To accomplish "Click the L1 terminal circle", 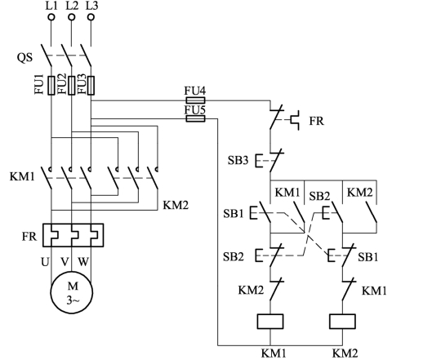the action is [x=51, y=17].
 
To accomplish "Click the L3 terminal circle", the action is [x=91, y=17].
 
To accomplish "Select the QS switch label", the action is [x=24, y=57].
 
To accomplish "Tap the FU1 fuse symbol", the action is [x=51, y=86].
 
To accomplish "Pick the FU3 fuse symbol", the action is [x=91, y=86].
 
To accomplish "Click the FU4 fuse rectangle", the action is [x=195, y=100].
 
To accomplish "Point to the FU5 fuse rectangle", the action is [x=195, y=118].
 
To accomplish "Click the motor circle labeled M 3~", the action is [x=71, y=292].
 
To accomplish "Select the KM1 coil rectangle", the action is [x=270, y=322].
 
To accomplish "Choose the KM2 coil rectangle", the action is [x=342, y=322].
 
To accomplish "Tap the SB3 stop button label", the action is [x=238, y=160].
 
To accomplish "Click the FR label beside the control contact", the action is [x=316, y=121].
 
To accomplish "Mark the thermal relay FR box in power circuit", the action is [x=73, y=235].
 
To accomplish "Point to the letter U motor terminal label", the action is [x=45, y=262].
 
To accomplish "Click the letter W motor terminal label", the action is [x=83, y=262].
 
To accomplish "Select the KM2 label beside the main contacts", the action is [x=176, y=205].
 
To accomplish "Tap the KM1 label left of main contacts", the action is [x=22, y=176].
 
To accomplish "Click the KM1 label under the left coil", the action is [x=274, y=353].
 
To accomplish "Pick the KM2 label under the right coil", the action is [x=345, y=353].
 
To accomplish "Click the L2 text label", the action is [x=72, y=6].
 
